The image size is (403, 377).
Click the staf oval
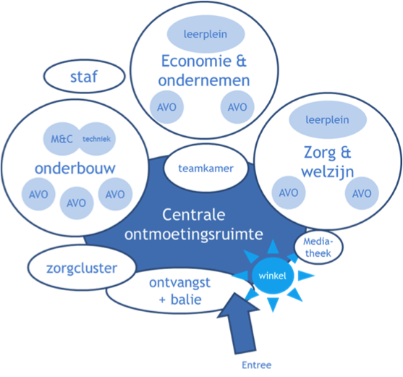click(84, 76)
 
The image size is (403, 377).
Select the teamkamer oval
click(206, 168)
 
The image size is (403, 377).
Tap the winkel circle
click(273, 276)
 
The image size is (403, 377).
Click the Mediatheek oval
click(318, 247)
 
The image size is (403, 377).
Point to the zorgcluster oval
click(82, 268)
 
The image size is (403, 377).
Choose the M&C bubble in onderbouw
click(61, 139)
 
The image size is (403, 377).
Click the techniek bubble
click(97, 139)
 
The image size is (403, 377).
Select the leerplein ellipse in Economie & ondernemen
click(205, 34)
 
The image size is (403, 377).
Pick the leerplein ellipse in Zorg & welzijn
click(328, 119)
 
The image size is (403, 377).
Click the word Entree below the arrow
click(257, 365)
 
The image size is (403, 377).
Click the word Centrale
click(194, 215)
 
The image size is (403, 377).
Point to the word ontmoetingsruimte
click(194, 234)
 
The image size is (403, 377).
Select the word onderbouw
click(75, 169)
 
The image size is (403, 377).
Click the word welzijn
click(328, 172)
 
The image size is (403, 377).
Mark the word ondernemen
click(204, 80)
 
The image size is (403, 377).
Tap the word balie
click(186, 300)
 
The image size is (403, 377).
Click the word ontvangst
click(179, 283)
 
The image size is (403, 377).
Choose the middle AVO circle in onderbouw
click(77, 203)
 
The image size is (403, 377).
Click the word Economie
click(196, 61)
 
